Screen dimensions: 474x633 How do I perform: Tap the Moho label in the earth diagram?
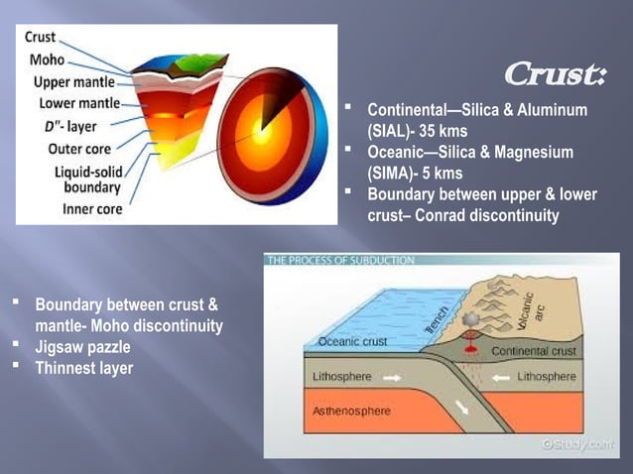pyautogui.click(x=47, y=60)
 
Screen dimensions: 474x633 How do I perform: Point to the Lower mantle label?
pyautogui.click(x=79, y=103)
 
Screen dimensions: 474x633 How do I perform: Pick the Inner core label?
pyautogui.click(x=92, y=209)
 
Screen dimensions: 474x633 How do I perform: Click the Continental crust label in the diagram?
pyautogui.click(x=535, y=351)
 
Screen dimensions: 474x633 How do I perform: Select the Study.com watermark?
pyautogui.click(x=577, y=444)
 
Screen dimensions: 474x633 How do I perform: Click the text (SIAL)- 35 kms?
pyautogui.click(x=417, y=130)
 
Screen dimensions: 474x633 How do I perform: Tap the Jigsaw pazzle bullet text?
pyautogui.click(x=82, y=347)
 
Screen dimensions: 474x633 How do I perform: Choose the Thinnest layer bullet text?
pyautogui.click(x=83, y=368)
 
